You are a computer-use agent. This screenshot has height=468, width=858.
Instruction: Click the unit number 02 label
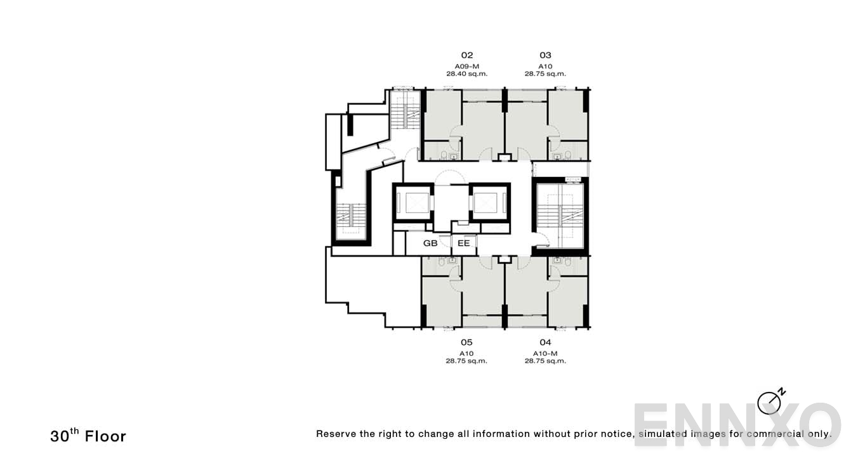[466, 55]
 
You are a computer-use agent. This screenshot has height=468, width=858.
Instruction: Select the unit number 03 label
[545, 55]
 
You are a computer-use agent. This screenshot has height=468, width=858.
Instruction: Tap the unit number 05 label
[466, 342]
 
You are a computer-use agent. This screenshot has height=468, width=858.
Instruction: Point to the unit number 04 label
[545, 342]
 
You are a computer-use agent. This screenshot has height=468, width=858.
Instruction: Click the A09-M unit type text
[466, 66]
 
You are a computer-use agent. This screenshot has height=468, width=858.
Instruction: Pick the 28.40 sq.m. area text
[466, 74]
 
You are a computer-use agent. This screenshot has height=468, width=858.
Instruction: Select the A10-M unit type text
[545, 353]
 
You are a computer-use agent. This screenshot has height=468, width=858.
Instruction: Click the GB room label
[430, 243]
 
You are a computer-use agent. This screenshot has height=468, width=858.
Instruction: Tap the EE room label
[464, 243]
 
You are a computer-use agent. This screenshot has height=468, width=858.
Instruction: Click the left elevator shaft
[412, 203]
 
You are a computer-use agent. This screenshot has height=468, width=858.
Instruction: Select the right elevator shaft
[489, 203]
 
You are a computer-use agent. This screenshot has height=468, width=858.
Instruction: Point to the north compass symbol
[770, 402]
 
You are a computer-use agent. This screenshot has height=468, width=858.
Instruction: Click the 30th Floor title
[88, 436]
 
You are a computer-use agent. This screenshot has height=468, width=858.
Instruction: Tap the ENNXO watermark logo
[736, 424]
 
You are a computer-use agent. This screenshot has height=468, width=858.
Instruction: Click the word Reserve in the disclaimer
[336, 434]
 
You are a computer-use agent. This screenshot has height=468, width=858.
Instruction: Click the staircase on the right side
[560, 216]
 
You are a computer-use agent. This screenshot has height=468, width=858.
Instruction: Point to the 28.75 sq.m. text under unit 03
[545, 74]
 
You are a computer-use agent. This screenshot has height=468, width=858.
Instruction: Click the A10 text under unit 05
[466, 353]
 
